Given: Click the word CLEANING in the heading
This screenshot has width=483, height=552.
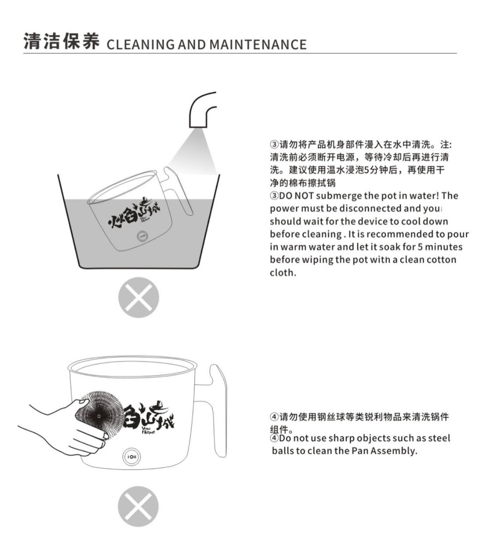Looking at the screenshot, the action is click(141, 45).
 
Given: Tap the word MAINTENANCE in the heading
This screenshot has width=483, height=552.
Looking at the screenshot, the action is click(258, 45).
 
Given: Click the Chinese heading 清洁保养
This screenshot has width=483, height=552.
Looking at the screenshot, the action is click(61, 41).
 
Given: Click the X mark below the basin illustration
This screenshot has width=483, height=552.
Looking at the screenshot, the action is click(138, 297).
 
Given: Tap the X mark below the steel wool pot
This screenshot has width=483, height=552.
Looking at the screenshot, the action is click(138, 506).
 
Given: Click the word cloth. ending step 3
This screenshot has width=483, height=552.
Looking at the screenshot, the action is click(283, 272).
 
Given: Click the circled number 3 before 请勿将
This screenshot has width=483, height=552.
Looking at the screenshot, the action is click(274, 144).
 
